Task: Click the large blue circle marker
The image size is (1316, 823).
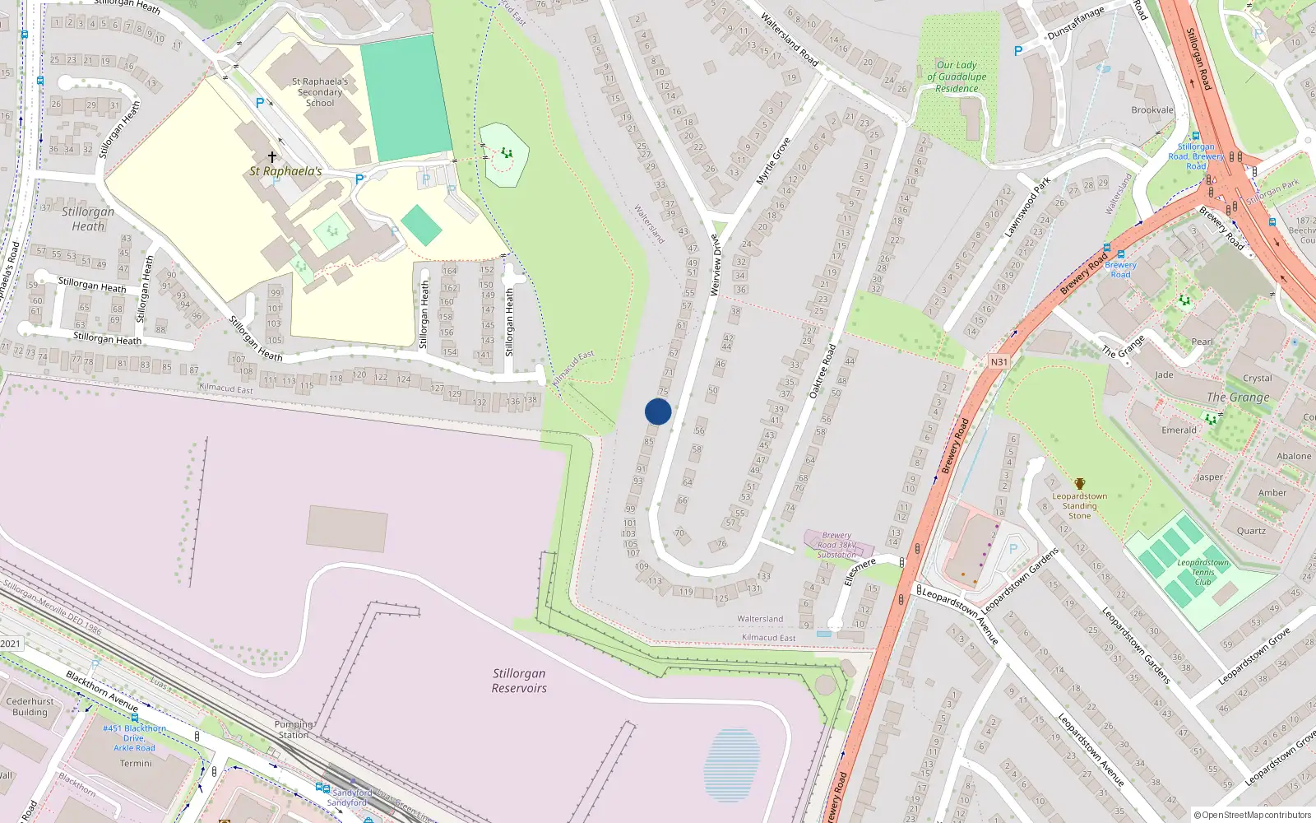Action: click(x=658, y=411)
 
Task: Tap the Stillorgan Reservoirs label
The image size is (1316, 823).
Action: click(x=519, y=681)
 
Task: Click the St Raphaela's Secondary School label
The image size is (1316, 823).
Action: click(x=320, y=92)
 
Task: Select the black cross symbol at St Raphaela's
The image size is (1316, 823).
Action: click(x=272, y=156)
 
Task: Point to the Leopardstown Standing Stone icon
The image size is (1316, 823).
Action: click(x=1080, y=484)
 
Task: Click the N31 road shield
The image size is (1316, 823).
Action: click(x=999, y=362)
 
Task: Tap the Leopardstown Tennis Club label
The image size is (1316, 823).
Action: click(x=1202, y=572)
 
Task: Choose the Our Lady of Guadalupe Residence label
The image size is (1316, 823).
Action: click(x=957, y=77)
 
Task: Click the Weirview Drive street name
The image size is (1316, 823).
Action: click(x=716, y=265)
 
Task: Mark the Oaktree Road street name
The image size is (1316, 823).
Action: click(x=822, y=371)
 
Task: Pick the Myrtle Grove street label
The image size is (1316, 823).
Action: click(x=773, y=160)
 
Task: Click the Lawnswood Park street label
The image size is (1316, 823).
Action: click(x=1027, y=207)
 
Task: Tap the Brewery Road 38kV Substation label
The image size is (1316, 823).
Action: click(x=836, y=545)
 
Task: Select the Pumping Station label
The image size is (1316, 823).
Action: click(x=294, y=729)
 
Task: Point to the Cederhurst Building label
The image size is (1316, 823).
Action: click(x=30, y=707)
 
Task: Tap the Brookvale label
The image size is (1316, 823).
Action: click(x=1152, y=110)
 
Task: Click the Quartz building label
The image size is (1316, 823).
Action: click(x=1251, y=531)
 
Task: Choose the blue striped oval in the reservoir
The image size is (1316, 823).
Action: click(x=732, y=765)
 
